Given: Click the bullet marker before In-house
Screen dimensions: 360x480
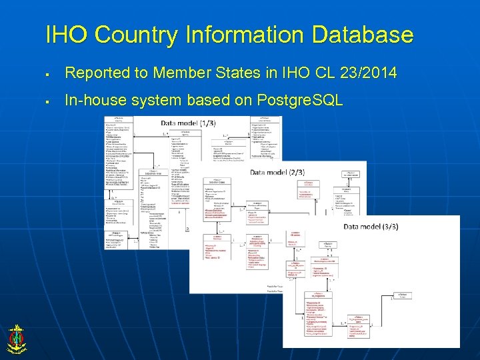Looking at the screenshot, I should point(49,102).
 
